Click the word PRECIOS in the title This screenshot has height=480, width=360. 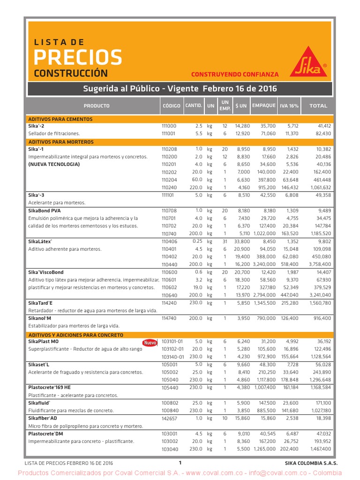[78, 57]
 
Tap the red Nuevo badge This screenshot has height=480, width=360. [150, 343]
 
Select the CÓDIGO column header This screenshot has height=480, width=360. [171, 105]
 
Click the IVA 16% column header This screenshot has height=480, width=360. [289, 105]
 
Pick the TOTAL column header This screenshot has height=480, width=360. [318, 105]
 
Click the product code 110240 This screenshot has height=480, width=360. [169, 187]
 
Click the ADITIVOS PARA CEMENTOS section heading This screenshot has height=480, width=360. [60, 119]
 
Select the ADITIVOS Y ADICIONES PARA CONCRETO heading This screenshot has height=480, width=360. [76, 335]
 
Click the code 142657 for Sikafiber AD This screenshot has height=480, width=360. [169, 418]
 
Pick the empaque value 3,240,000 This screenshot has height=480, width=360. [264, 264]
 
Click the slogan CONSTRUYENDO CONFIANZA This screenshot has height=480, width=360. [235, 74]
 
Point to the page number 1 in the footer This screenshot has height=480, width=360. [180, 463]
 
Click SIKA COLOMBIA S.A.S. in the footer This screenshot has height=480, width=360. [311, 463]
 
